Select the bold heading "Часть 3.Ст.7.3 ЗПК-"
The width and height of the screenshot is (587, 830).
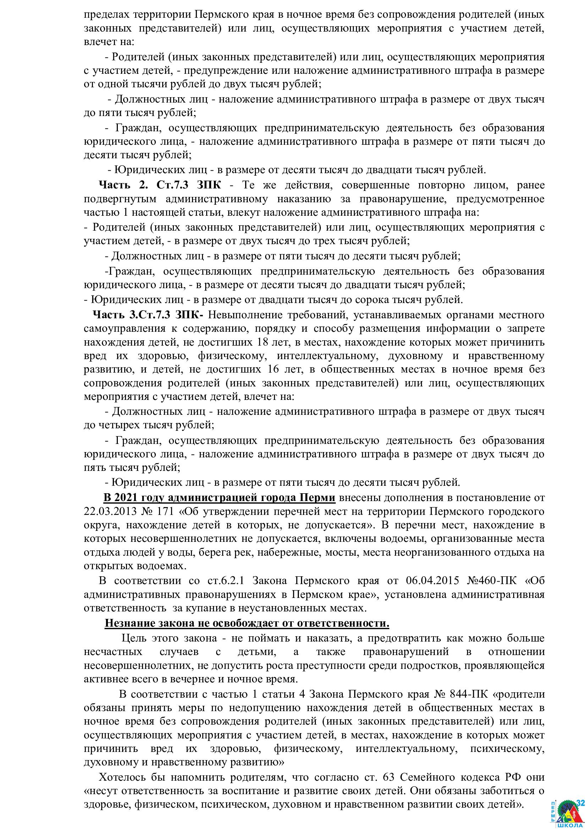pos(148,314)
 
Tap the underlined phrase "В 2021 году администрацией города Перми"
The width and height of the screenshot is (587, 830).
pos(219,498)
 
